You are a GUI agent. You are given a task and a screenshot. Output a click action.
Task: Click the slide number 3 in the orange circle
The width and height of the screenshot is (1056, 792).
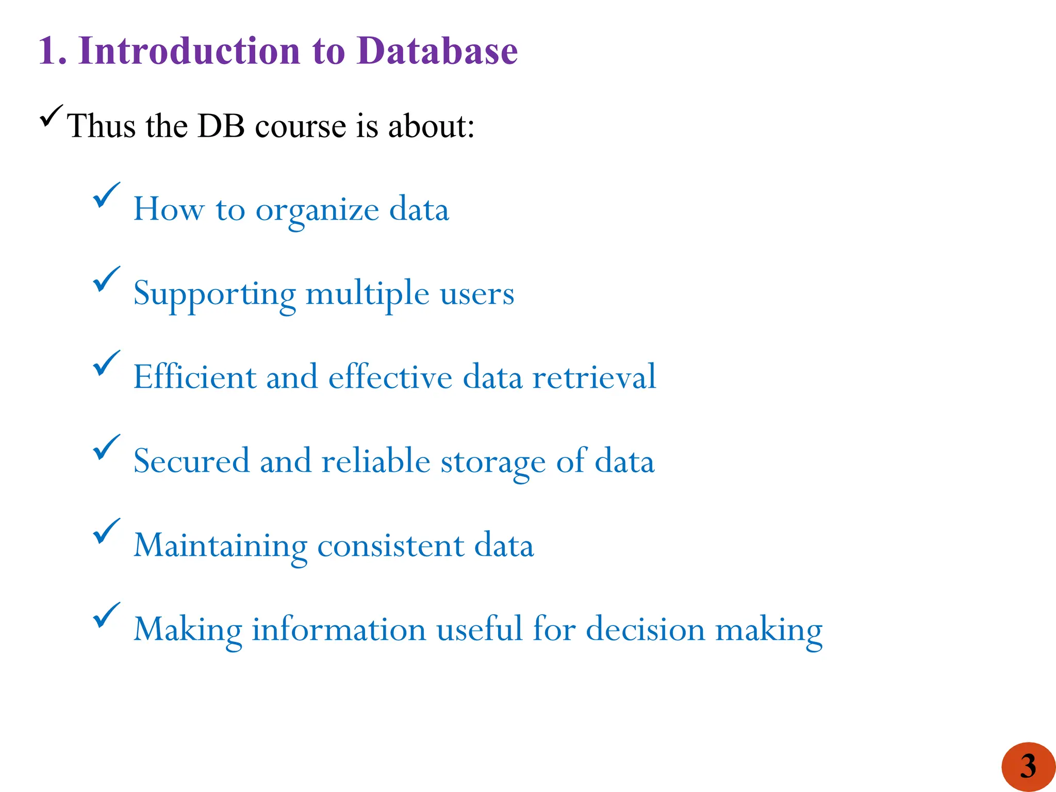(1028, 766)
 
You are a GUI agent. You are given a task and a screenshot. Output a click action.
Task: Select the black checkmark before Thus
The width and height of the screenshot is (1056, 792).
(51, 116)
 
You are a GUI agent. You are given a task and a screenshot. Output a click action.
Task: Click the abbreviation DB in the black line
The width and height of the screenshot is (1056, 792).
(221, 126)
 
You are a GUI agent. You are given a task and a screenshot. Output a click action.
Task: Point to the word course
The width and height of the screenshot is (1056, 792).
(300, 127)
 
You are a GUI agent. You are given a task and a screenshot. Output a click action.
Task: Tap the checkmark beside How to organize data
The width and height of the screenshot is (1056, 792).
(106, 195)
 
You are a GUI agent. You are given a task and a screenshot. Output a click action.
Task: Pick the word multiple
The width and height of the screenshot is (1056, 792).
(367, 294)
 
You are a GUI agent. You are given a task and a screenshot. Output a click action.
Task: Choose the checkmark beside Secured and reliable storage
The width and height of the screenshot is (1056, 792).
(106, 447)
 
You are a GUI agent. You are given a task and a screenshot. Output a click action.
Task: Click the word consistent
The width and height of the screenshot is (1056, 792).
(390, 546)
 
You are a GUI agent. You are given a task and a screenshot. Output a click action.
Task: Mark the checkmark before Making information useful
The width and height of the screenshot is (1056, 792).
(106, 615)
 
